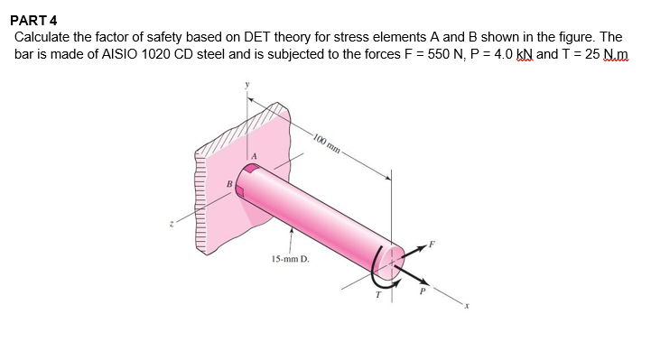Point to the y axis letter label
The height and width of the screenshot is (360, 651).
tap(243, 88)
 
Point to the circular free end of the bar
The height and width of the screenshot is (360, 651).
tap(389, 263)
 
